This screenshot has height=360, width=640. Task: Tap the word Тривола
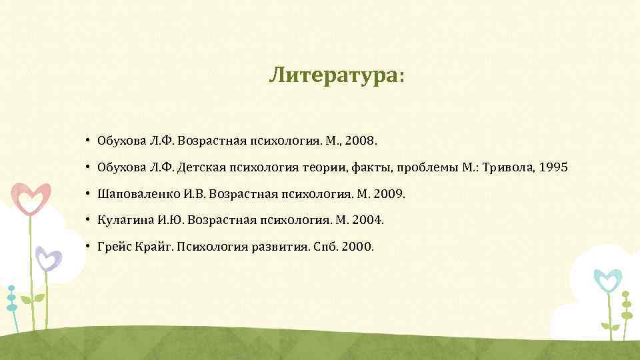click(x=511, y=167)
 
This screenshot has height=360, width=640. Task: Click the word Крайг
click(x=150, y=247)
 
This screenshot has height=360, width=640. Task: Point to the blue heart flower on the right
click(x=607, y=281)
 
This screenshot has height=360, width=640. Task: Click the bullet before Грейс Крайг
click(x=87, y=247)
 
